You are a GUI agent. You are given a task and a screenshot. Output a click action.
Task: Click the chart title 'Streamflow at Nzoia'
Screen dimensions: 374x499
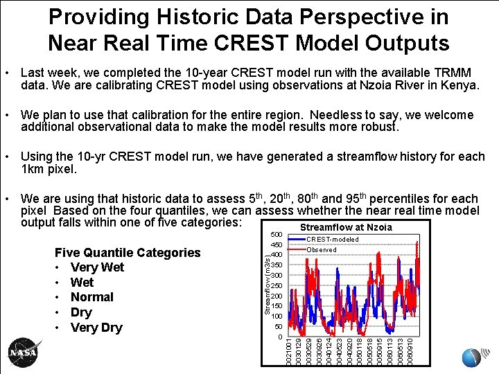[x=345, y=227]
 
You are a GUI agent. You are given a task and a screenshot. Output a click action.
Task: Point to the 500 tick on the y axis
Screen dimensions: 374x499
[x=276, y=234]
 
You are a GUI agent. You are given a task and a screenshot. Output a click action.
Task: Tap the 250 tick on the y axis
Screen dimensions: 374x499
[x=276, y=285]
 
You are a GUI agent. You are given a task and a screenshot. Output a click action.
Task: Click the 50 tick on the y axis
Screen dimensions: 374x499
[x=278, y=326]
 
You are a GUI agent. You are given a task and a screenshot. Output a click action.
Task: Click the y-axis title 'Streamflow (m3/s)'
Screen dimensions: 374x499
[x=267, y=285]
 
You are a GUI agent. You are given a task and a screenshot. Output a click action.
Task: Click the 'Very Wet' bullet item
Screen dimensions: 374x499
[x=97, y=267]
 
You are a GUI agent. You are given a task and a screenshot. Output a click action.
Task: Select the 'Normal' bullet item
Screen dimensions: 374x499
[x=91, y=297]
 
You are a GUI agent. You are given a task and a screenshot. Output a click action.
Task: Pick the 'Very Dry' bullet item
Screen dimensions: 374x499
[x=96, y=328]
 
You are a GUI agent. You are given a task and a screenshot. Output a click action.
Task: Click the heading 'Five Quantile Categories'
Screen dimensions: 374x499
[x=127, y=253]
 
